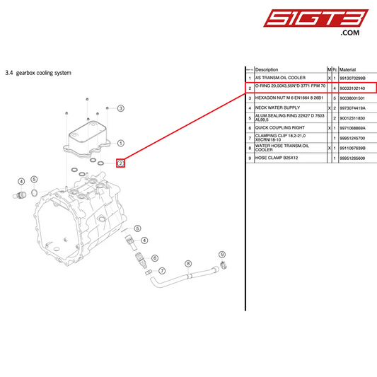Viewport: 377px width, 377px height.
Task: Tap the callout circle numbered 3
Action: coord(120,108)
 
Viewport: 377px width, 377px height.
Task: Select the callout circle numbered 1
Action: coord(120,142)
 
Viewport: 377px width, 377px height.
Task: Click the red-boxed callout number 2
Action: coord(121,163)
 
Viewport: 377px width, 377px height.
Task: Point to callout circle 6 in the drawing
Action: coord(154,258)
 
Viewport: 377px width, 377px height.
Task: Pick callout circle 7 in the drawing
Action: coord(162,270)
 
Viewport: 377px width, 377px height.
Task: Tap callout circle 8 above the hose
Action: coord(188,263)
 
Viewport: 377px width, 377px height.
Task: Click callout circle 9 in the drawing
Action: coord(221,254)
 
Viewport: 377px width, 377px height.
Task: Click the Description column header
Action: coord(267,69)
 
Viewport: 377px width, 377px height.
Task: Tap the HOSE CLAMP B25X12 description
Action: coord(280,158)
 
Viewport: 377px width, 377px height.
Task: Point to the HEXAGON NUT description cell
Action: coord(289,98)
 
